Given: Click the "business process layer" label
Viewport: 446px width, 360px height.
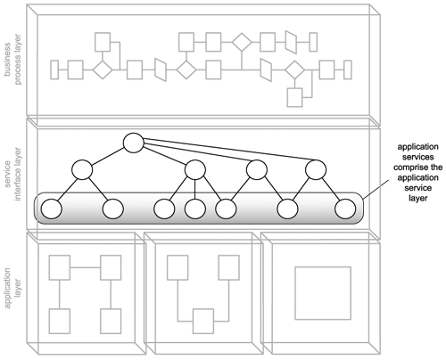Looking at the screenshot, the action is pyautogui.click(x=12, y=60).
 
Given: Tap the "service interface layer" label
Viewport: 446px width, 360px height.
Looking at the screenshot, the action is pyautogui.click(x=12, y=174).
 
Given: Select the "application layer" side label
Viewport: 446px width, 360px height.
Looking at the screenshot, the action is pyautogui.click(x=12, y=288).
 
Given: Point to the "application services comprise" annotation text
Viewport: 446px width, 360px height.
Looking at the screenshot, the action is pyautogui.click(x=417, y=157).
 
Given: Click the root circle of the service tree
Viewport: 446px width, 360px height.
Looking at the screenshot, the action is pyautogui.click(x=134, y=143).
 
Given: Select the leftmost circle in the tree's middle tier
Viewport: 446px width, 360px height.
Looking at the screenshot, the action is pyautogui.click(x=82, y=170).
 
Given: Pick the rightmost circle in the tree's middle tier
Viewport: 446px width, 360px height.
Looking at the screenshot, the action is pyautogui.click(x=316, y=170).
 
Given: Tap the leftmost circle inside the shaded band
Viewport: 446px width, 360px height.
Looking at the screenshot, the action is pyautogui.click(x=52, y=209).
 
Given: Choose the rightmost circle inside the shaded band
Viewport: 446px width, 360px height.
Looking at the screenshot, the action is pyautogui.click(x=345, y=209).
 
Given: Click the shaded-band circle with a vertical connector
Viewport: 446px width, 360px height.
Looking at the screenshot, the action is pyautogui.click(x=195, y=209).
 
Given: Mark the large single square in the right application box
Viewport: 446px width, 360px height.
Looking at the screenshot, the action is pyautogui.click(x=323, y=293).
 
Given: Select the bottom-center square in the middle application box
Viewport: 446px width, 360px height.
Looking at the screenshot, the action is pyautogui.click(x=203, y=321).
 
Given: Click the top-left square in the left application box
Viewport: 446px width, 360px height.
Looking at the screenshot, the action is pyautogui.click(x=60, y=267).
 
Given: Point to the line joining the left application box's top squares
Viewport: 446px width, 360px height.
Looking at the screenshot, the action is pyautogui.click(x=85, y=267).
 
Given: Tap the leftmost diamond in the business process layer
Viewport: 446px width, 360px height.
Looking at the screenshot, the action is pyautogui.click(x=103, y=70).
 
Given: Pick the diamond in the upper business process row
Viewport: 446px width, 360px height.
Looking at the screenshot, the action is pyautogui.click(x=242, y=42).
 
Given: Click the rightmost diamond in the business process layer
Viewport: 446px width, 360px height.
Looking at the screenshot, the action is pyautogui.click(x=294, y=70).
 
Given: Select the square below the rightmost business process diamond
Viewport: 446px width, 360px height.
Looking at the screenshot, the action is pyautogui.click(x=294, y=97).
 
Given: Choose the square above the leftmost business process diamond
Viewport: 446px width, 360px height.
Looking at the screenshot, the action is pyautogui.click(x=103, y=42).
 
